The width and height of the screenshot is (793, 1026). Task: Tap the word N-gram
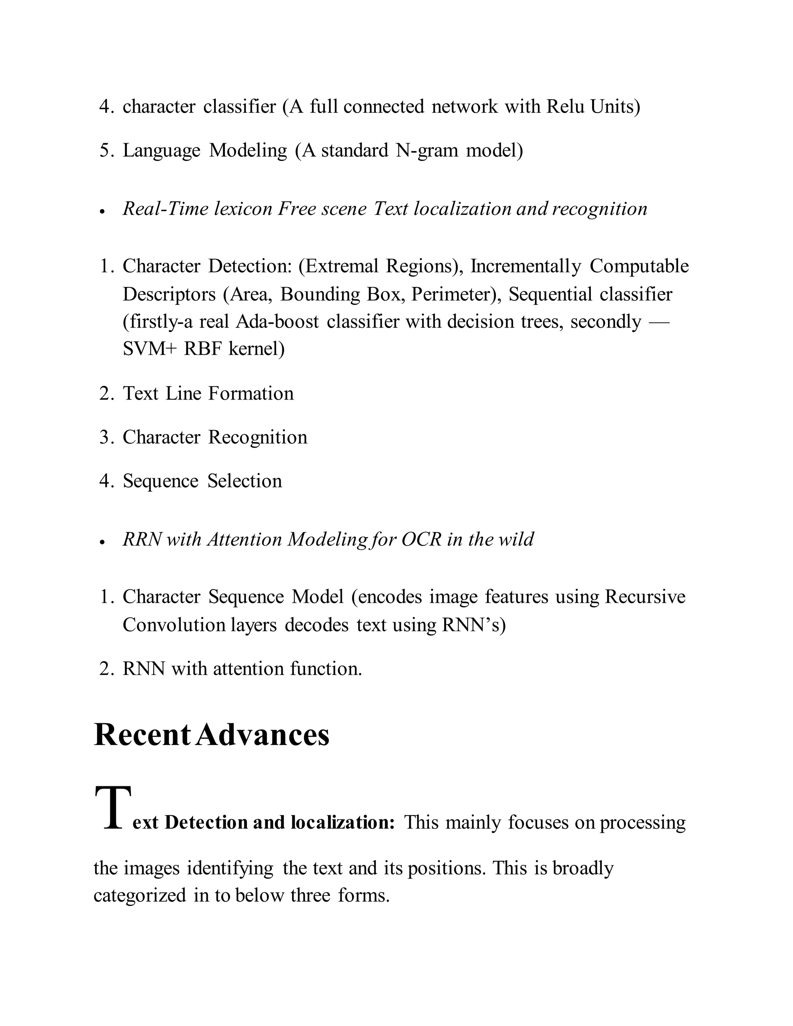427,150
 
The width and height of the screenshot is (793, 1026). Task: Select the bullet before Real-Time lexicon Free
101,212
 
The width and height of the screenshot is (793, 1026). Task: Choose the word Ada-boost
277,322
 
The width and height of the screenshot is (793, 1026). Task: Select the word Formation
251,393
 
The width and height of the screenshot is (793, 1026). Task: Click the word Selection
245,480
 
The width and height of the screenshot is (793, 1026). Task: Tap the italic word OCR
421,539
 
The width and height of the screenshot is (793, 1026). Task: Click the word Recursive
645,597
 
